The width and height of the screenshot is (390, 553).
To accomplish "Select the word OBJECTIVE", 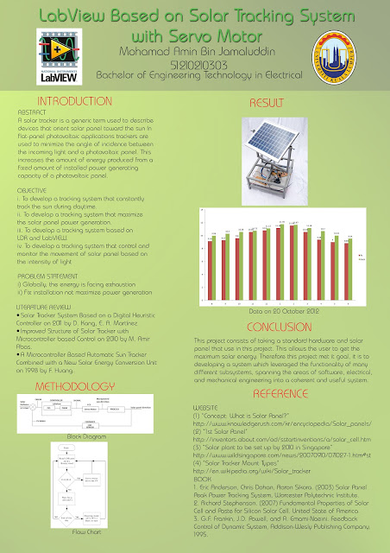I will (x=35, y=188).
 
